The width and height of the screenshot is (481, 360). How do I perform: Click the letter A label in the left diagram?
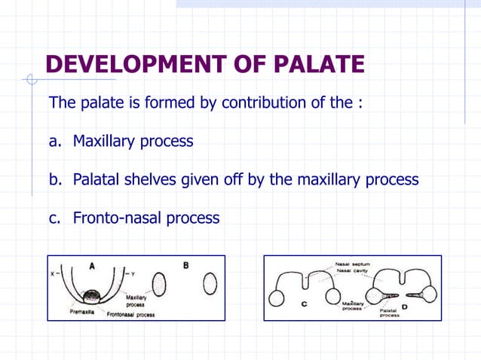91,266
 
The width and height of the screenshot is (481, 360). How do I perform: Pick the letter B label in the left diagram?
186,266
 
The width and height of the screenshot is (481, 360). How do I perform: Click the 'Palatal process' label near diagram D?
389,312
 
